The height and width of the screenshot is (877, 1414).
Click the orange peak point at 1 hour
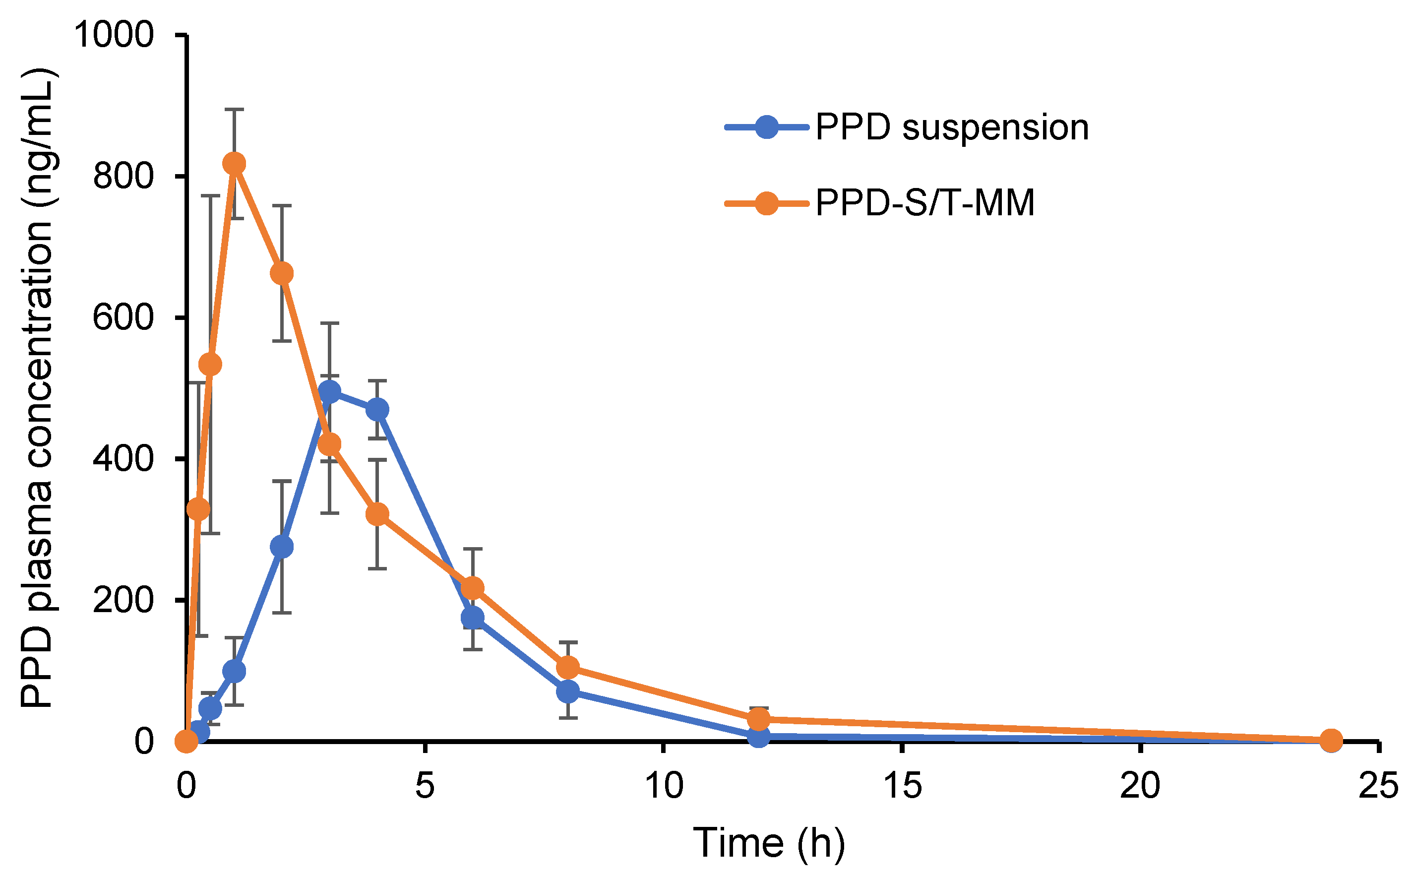click(234, 164)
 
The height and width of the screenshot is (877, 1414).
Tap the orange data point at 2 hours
click(282, 273)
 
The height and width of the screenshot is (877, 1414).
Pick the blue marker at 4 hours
click(377, 410)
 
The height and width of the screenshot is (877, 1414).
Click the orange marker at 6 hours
click(473, 588)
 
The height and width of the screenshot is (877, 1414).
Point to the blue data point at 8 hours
click(568, 691)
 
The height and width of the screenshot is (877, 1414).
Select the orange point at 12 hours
click(759, 719)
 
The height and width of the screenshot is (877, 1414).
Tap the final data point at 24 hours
click(1331, 741)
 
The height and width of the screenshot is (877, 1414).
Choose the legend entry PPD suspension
click(951, 127)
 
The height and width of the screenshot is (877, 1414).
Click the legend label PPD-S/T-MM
click(924, 203)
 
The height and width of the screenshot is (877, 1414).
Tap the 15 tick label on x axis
click(903, 787)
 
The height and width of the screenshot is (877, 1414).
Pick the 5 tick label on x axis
click(425, 787)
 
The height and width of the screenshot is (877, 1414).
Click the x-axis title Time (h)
click(769, 842)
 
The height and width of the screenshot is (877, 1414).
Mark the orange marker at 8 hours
click(568, 668)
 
